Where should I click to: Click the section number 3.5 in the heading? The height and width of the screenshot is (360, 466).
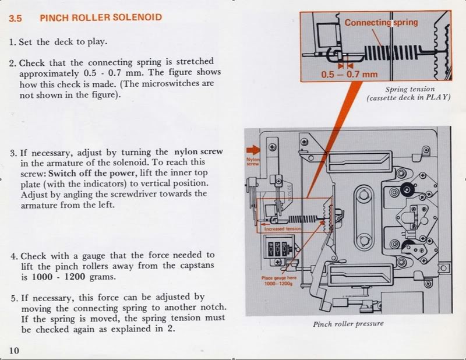click(x=16, y=18)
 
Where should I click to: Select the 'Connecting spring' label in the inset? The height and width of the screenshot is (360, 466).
click(x=381, y=22)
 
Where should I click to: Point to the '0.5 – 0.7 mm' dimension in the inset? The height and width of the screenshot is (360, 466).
click(x=349, y=75)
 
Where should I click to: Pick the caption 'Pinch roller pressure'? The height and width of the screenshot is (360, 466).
click(x=348, y=324)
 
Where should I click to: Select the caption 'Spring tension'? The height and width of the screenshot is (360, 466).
click(x=409, y=90)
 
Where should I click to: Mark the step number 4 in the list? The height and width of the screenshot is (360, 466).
click(x=13, y=256)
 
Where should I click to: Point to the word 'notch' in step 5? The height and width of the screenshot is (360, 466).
click(x=212, y=307)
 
